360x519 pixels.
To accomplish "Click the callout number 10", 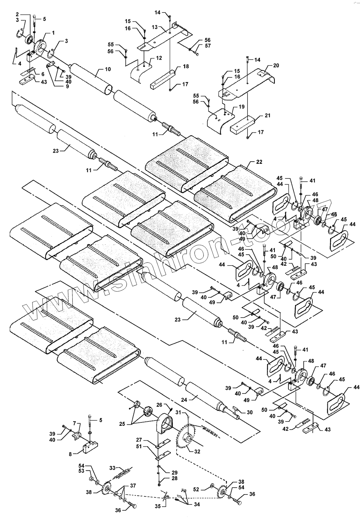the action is point(108,69).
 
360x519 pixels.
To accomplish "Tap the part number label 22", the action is point(259,162).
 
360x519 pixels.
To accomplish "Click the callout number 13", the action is point(155,27).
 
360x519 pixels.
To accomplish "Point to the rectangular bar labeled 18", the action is point(163,80).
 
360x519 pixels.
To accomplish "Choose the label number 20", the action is point(276,65).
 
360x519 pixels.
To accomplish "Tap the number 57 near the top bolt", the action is point(208,46).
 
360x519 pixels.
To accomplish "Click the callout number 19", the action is point(242,107).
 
